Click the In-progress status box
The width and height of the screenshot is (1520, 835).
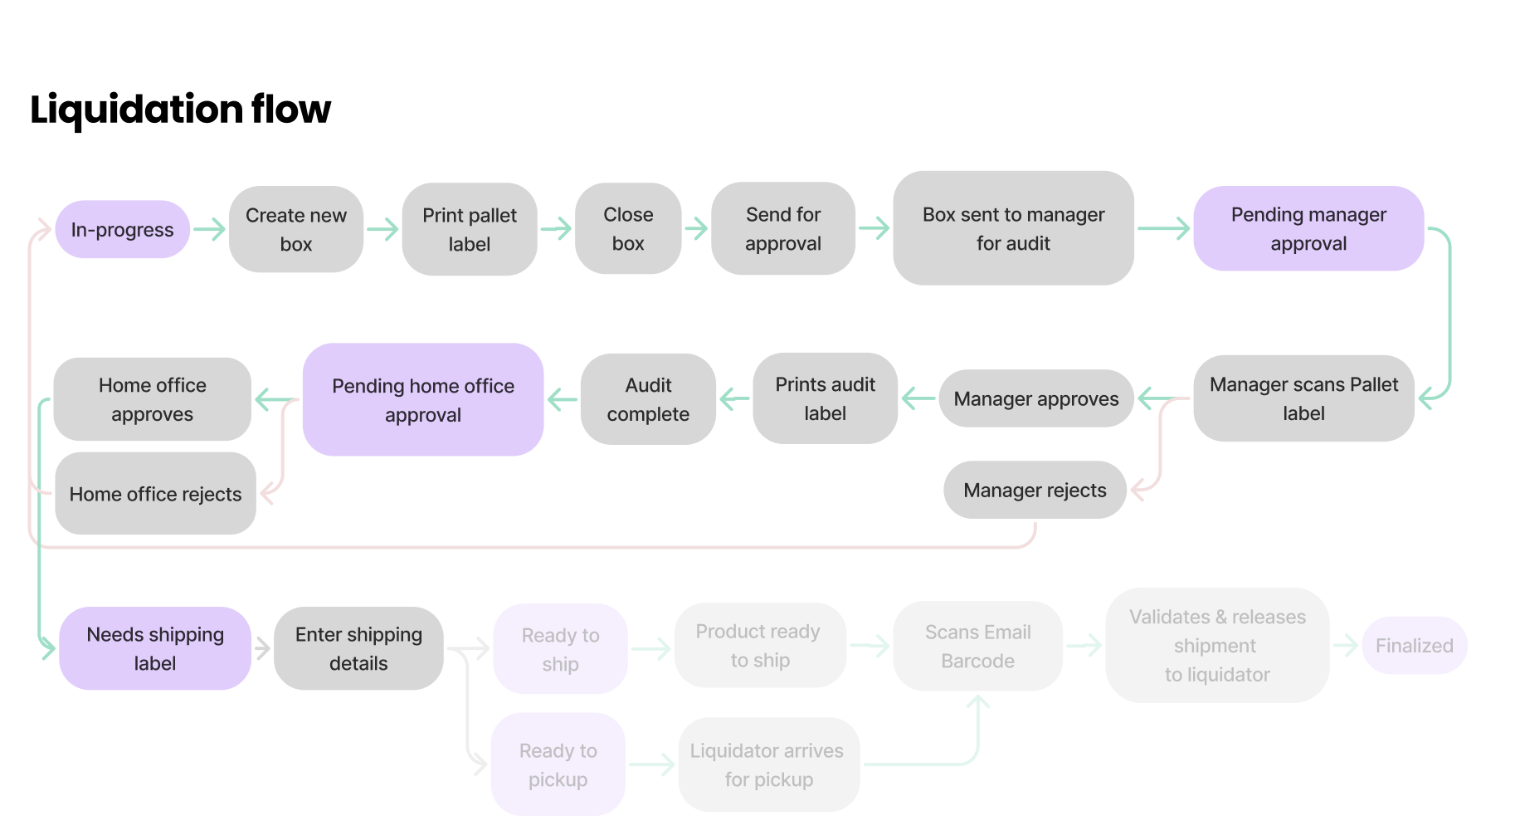123,230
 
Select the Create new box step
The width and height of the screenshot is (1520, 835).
296,229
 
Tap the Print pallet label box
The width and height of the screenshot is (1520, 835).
470,229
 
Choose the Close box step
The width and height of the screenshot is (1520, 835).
628,228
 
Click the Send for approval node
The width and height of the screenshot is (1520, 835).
783,228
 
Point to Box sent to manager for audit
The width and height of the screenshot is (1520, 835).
1013,228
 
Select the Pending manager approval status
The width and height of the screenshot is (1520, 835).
1308,228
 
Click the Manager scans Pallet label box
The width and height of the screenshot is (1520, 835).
1303,398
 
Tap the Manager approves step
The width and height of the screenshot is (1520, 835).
1035,399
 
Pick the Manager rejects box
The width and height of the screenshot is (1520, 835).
1035,491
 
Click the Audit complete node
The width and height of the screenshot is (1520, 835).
648,399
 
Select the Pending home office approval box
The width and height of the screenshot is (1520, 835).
423,400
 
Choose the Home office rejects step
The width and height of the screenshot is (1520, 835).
156,494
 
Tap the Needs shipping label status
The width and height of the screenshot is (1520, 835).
155,648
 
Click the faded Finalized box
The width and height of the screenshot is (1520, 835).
1414,646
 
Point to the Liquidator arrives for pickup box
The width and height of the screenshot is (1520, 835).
768,764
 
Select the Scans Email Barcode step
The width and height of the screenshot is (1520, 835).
977,647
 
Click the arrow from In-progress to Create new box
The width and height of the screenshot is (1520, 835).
210,229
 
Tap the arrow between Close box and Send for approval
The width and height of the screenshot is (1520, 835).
697,228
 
